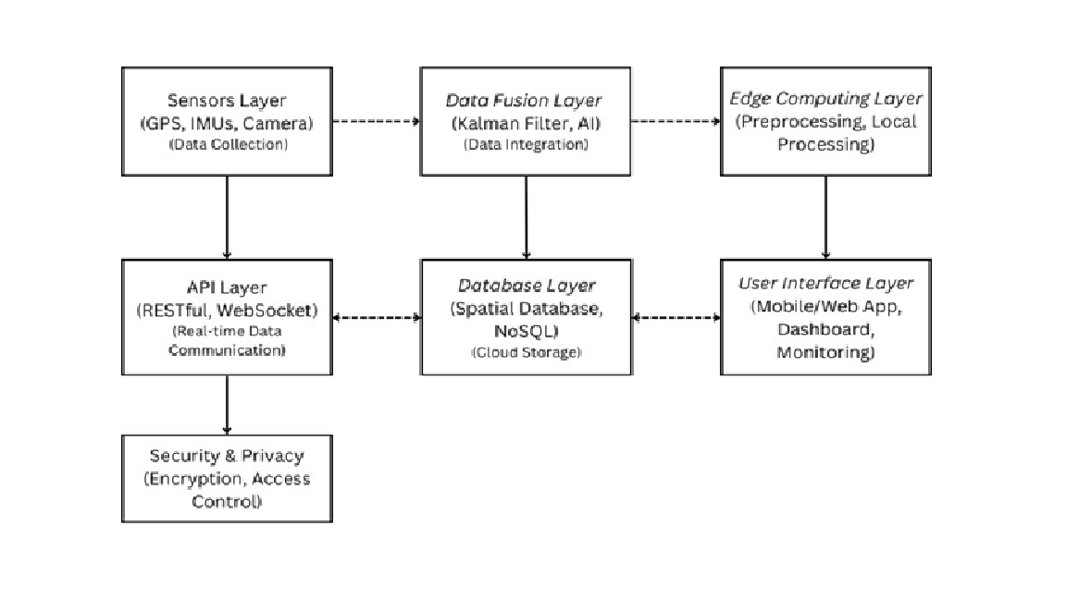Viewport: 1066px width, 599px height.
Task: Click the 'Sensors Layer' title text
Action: click(227, 101)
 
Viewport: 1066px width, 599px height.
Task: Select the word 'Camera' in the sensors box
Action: click(278, 124)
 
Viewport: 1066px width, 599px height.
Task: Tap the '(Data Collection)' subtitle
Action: click(228, 144)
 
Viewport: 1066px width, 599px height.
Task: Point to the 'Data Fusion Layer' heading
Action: click(524, 101)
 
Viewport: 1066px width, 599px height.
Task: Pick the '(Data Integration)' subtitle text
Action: click(526, 144)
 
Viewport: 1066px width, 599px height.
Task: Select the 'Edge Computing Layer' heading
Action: click(825, 99)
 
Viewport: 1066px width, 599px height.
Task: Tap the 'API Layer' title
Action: click(227, 287)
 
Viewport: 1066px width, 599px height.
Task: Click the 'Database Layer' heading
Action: click(527, 286)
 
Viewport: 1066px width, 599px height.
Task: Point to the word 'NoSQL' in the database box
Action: click(527, 331)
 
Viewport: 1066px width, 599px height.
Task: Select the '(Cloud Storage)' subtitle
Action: click(527, 352)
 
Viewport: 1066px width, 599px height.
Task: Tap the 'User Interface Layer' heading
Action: click(825, 283)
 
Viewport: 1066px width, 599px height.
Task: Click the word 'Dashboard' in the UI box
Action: click(825, 329)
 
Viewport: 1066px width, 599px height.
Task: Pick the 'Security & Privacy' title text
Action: click(227, 456)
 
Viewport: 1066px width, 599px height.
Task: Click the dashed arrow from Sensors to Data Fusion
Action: click(376, 121)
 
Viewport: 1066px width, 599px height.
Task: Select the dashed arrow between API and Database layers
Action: click(376, 317)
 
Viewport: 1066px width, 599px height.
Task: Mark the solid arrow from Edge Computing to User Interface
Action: click(825, 217)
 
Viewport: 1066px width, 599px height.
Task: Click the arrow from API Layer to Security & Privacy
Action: click(227, 405)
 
